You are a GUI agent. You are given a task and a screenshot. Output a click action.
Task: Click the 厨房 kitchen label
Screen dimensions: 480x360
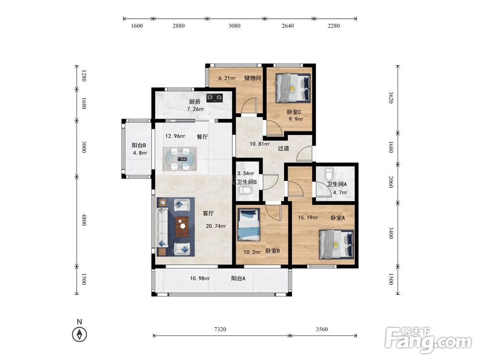(x=194, y=102)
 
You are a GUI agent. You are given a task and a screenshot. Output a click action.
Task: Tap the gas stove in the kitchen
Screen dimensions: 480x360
(x=214, y=97)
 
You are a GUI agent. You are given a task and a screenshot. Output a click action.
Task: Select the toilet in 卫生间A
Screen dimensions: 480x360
(x=328, y=174)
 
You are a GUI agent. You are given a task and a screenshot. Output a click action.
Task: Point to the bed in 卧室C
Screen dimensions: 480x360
(x=293, y=88)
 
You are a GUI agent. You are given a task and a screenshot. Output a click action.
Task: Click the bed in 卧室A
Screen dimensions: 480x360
(x=336, y=245)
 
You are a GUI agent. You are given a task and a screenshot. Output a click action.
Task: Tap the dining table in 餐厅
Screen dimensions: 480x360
(x=180, y=159)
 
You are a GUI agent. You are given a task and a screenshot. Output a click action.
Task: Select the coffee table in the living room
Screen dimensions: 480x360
(x=183, y=227)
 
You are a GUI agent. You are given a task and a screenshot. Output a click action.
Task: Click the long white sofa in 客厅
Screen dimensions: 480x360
(x=162, y=228)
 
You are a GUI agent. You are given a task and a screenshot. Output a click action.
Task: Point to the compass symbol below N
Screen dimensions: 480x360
(x=80, y=334)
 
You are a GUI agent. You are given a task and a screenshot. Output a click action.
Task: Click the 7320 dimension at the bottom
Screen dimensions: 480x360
(x=220, y=329)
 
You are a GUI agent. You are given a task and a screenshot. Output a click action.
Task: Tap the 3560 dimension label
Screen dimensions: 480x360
(x=322, y=329)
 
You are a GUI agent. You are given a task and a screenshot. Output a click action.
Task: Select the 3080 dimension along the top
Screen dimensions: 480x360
(x=234, y=26)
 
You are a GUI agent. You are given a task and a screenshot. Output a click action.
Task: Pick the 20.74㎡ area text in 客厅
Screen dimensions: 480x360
(x=216, y=226)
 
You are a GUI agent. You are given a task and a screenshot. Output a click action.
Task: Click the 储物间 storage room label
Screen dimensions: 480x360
(x=252, y=78)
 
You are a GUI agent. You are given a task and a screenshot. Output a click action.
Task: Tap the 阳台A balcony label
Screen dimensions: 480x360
(x=238, y=278)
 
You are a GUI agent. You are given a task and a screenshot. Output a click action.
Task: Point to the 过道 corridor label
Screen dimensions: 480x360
(x=284, y=148)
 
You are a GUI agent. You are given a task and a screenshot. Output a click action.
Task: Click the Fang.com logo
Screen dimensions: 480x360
(x=428, y=340)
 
